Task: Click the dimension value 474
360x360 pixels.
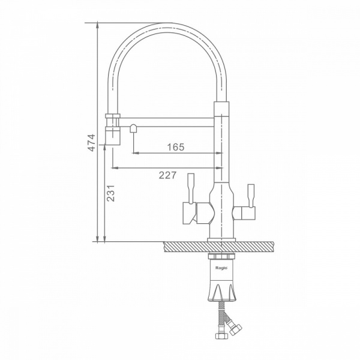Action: (92, 143)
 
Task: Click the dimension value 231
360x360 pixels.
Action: (110, 193)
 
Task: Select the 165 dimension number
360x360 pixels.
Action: (176, 147)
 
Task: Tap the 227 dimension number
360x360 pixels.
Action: (167, 175)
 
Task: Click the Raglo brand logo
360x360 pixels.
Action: (221, 268)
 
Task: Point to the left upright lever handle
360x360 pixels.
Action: (191, 188)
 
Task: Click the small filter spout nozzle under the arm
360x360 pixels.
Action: (133, 128)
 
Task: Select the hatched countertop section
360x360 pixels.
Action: (218, 247)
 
